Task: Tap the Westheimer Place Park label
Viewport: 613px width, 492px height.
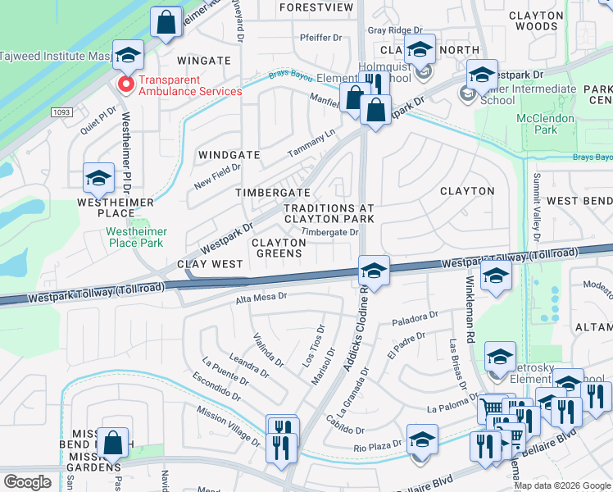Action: pos(135,237)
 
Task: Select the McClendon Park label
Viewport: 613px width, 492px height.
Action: pos(538,124)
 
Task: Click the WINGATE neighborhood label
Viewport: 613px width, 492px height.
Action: pos(204,61)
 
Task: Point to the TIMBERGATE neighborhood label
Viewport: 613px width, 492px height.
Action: pos(273,192)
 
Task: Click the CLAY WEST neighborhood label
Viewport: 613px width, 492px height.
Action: pos(211,264)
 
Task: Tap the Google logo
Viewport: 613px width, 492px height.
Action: pos(27,481)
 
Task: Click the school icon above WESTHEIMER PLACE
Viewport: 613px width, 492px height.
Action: pos(98,178)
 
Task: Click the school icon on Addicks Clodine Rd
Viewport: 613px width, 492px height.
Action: pos(373,271)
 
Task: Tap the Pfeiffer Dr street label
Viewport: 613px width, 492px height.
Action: pos(320,37)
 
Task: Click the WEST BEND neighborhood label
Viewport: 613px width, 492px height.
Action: pos(579,201)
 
